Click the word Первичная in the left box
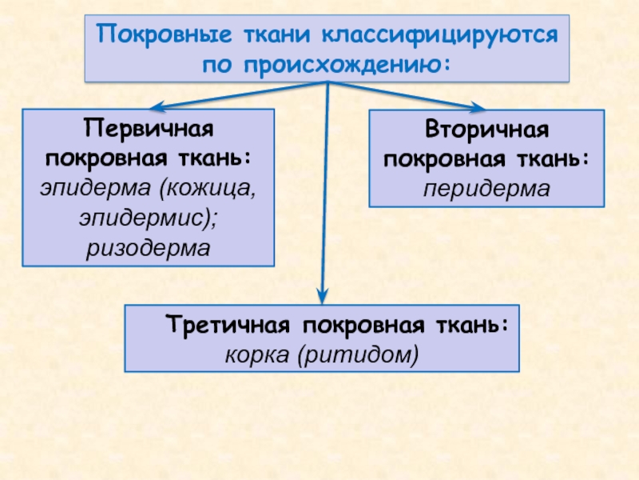[148, 128]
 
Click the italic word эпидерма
[95, 190]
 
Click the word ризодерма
[148, 248]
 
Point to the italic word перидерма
[486, 189]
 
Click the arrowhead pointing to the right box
[478, 107]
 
